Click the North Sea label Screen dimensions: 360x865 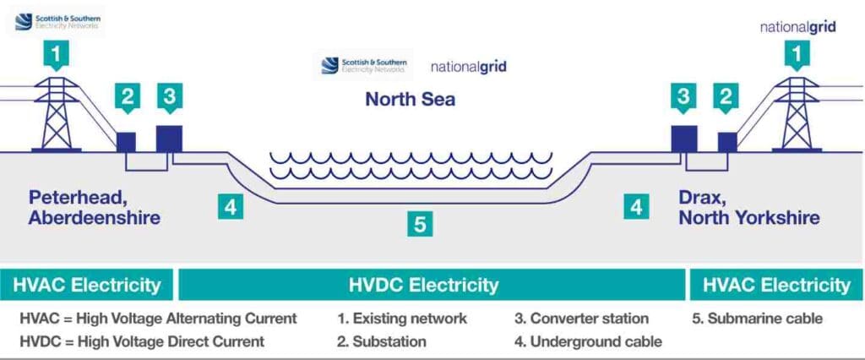[x=410, y=99]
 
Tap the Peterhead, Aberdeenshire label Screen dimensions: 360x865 [x=94, y=208]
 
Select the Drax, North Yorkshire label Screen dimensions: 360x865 [x=748, y=208]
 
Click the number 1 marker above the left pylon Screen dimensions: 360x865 [x=57, y=56]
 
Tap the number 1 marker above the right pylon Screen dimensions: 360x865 [x=795, y=56]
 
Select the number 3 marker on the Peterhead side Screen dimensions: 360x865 [x=170, y=97]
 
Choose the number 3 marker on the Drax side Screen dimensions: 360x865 [x=683, y=97]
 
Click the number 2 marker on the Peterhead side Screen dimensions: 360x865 [x=127, y=97]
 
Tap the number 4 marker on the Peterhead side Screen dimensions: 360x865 [x=230, y=206]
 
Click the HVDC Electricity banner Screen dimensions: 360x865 [x=432, y=285]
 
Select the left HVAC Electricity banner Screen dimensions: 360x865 [x=87, y=285]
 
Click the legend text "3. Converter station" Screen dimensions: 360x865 [x=581, y=319]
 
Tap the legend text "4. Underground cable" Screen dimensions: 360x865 [x=588, y=341]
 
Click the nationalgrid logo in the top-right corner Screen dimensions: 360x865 [x=797, y=26]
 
